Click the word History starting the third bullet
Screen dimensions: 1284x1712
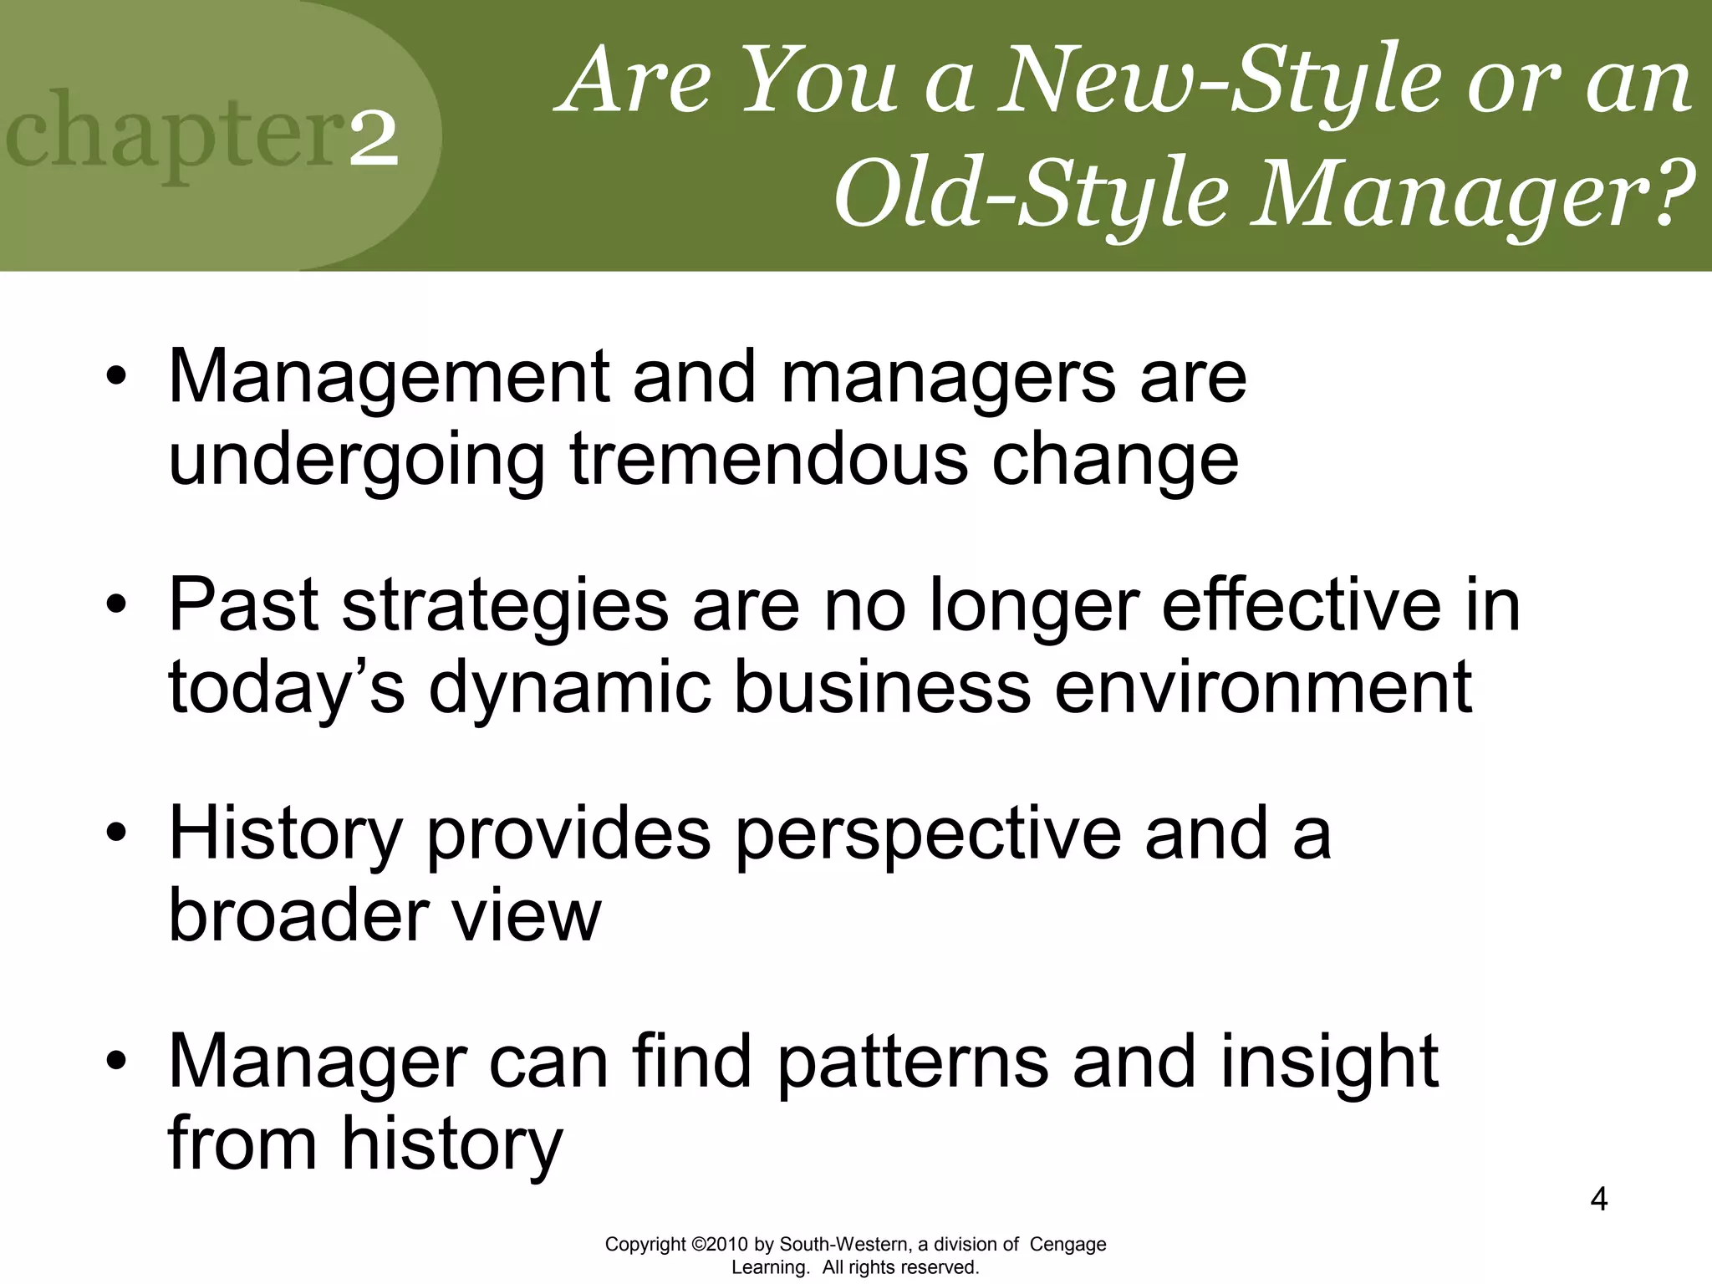(285, 834)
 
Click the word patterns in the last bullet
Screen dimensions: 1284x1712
(912, 1062)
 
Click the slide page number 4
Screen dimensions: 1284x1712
(1598, 1200)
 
